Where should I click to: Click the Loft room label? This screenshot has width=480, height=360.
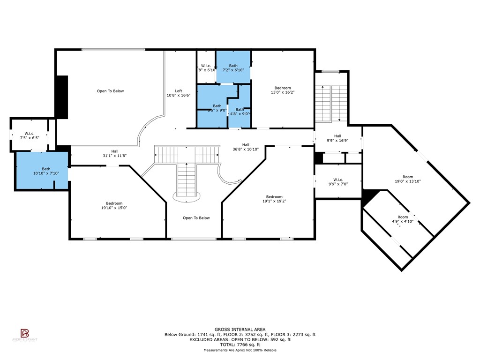(x=179, y=93)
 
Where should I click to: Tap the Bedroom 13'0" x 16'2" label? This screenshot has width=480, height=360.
(x=283, y=90)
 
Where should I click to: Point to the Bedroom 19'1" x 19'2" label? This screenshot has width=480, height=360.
(x=274, y=199)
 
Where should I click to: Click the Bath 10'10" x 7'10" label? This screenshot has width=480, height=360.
(x=46, y=171)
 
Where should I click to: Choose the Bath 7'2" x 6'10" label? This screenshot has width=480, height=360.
(x=233, y=68)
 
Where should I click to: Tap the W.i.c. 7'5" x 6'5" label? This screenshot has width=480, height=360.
(x=30, y=136)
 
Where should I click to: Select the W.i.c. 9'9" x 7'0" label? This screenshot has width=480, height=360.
(x=338, y=182)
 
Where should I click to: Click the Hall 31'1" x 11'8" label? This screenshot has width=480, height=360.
(x=115, y=153)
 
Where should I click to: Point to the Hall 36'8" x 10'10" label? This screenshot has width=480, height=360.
(x=246, y=147)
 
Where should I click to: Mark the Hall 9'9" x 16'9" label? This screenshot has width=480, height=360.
(x=337, y=138)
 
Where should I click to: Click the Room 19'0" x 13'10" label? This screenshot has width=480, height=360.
(x=405, y=179)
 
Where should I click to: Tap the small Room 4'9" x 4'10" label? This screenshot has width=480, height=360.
(x=403, y=219)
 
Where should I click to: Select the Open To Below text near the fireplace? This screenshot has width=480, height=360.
(x=110, y=91)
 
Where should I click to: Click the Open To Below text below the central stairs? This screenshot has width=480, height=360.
(x=196, y=218)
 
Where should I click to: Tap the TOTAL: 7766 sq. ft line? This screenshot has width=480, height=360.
(x=240, y=345)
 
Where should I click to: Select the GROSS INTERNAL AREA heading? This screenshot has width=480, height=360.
(x=240, y=330)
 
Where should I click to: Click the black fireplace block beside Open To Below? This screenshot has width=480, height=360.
(x=62, y=97)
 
